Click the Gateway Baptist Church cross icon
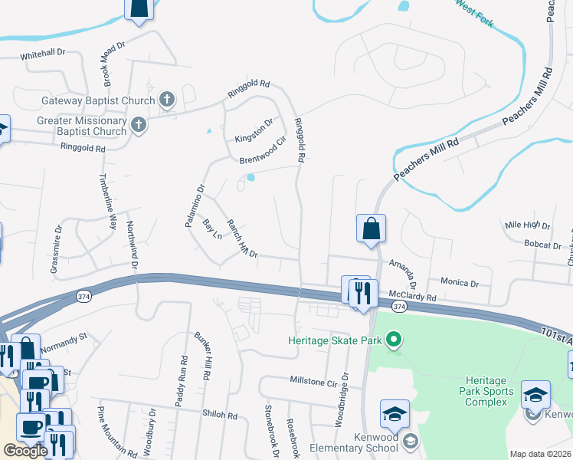167,100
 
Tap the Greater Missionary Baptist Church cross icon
138,126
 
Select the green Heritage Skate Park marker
394,340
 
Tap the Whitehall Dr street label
44,56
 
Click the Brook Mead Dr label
110,67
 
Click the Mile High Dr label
528,225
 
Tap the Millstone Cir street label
313,381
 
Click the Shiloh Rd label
220,415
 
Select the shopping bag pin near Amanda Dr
371,228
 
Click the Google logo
25,451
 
